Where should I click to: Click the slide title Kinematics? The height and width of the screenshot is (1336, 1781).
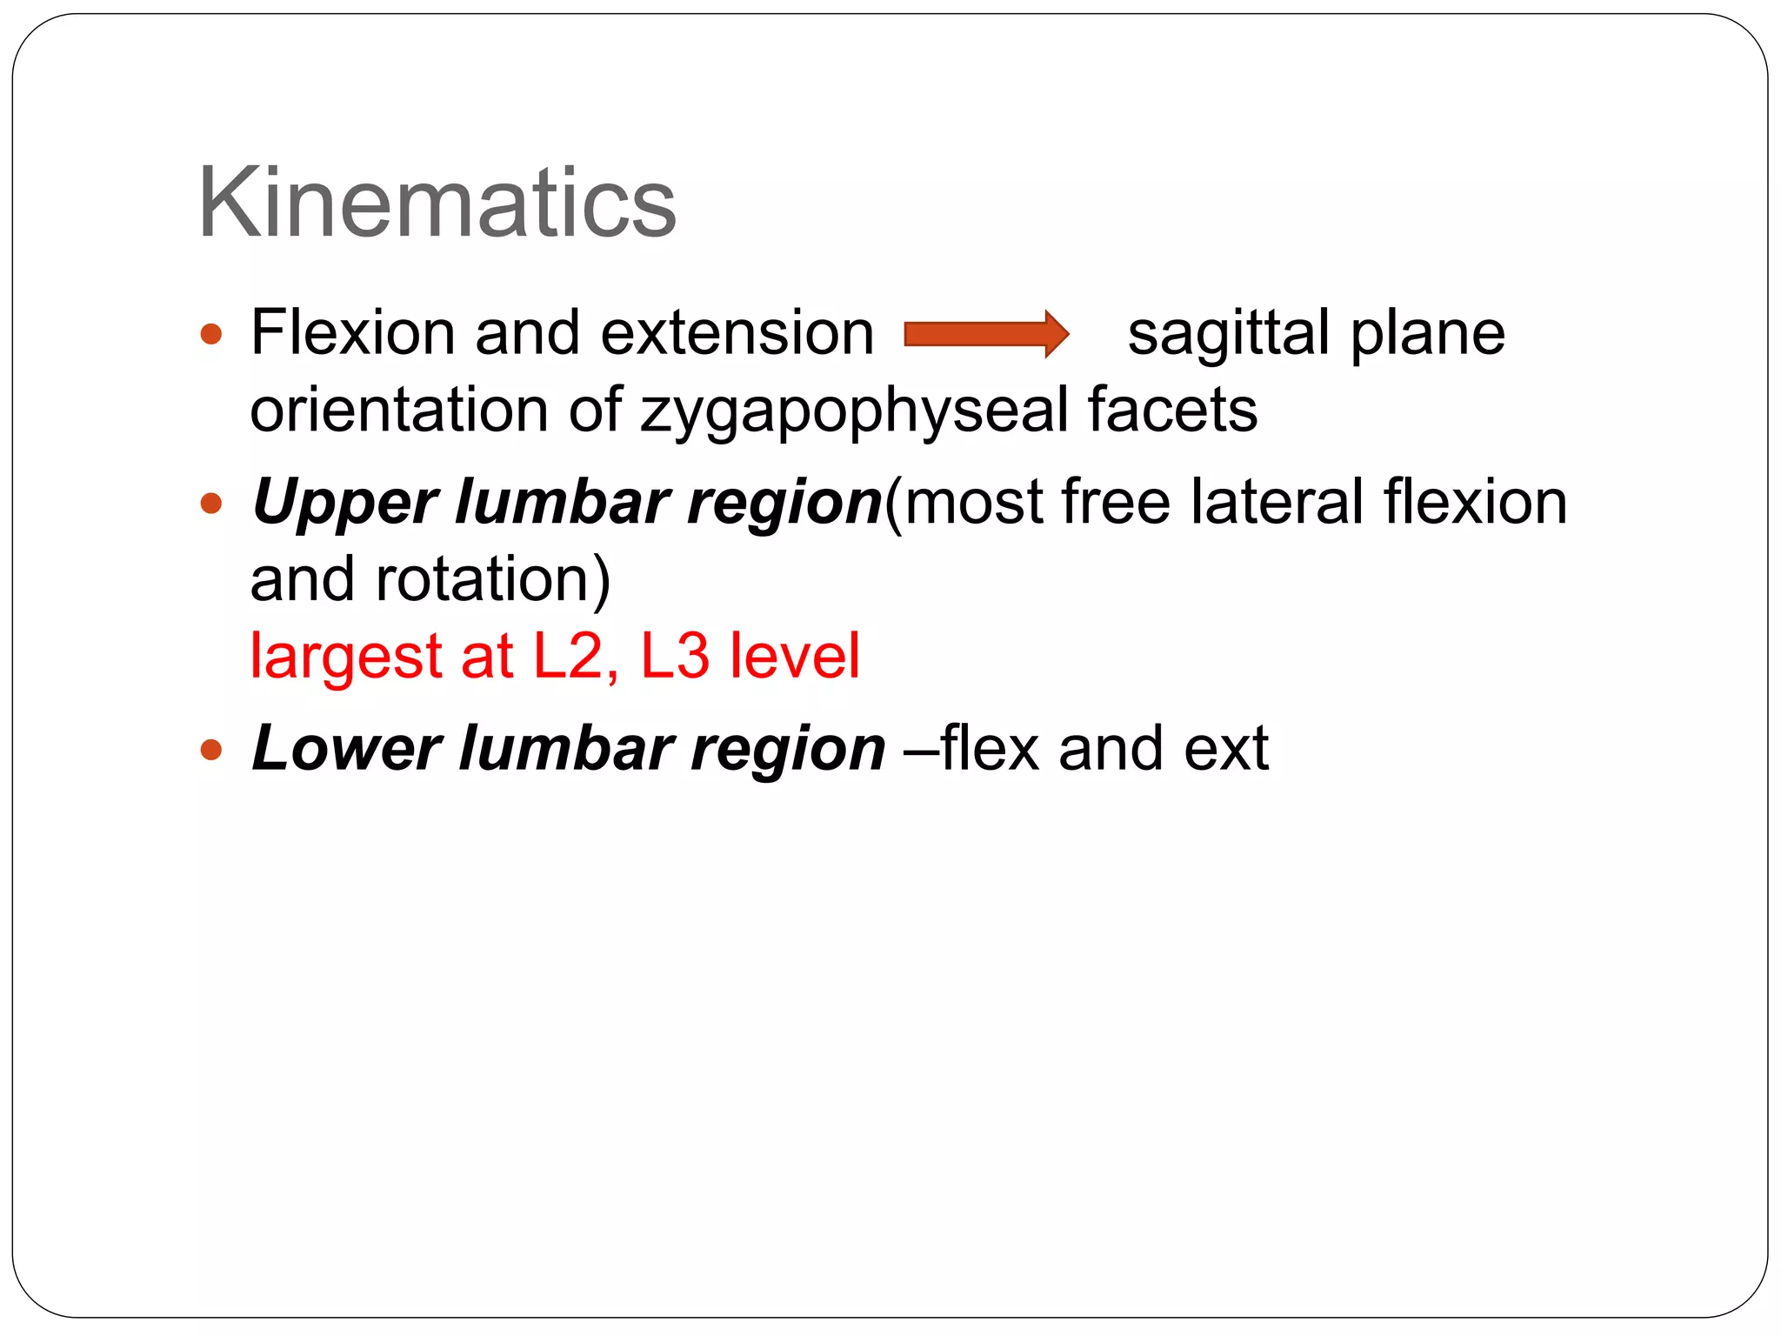coord(437,204)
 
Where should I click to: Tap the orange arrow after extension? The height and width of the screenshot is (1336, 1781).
coord(986,334)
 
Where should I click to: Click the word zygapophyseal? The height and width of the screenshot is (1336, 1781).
coord(854,411)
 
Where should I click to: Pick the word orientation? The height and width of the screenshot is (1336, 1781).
coord(398,411)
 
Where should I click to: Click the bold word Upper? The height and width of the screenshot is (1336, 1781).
coord(345,504)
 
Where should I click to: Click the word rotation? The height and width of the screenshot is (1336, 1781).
coord(492,580)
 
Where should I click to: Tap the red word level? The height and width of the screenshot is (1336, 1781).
coord(794,657)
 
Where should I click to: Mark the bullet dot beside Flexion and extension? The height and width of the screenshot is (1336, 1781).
coord(211,334)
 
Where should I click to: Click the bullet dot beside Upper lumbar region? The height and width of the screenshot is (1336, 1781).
coord(211,504)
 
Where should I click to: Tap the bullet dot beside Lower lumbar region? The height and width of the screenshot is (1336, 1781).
coord(211,749)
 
